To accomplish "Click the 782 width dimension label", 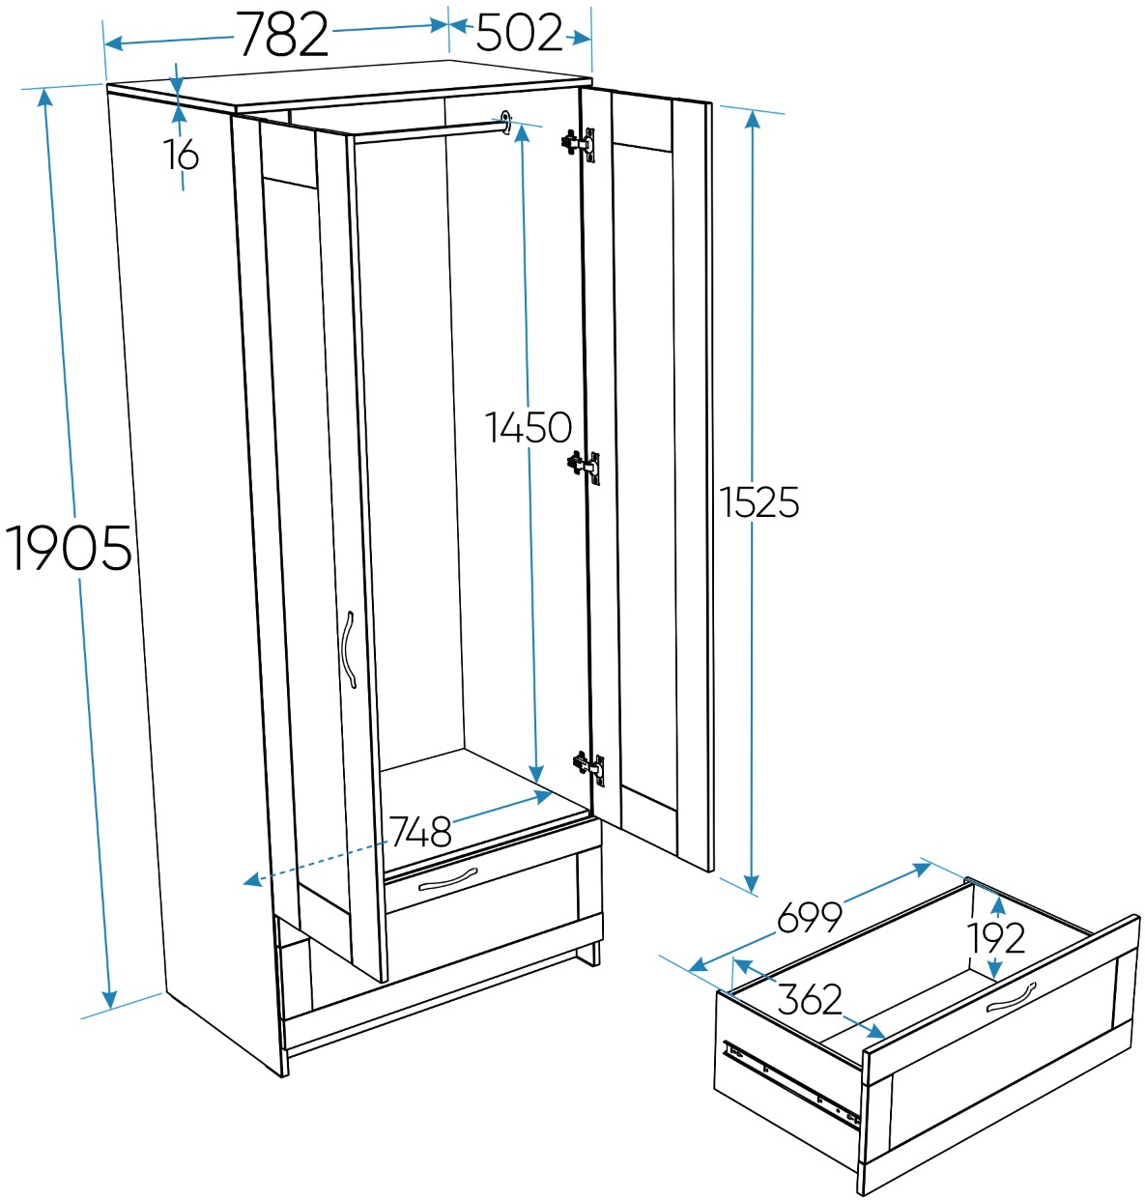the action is point(282,36).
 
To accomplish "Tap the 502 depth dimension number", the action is point(519,33).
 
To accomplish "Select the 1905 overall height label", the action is point(69,548).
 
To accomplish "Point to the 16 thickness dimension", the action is point(181,155).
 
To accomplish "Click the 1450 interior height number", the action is point(528,427).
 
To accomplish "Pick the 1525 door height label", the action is point(759,502).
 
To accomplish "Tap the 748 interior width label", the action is point(420,832).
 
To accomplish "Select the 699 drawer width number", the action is point(810,917).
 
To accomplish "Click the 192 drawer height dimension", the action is point(996,937).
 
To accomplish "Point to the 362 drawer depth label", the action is point(810,999).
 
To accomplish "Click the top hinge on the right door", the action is point(580,144).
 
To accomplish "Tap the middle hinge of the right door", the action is point(585,467).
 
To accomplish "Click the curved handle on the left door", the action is point(349,649).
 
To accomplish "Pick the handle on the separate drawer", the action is point(1011,997).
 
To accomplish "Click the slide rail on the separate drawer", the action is point(792,1082).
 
